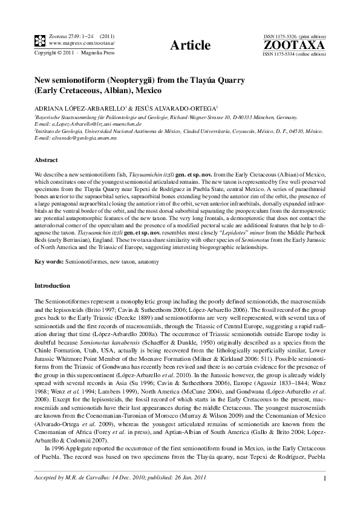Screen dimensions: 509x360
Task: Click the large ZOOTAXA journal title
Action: click(294, 45)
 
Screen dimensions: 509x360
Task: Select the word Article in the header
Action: click(191, 45)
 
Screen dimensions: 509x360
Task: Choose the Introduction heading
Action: click(52, 285)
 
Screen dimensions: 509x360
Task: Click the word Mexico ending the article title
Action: click(148, 91)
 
